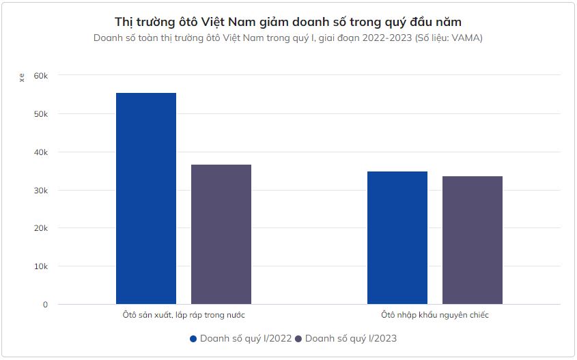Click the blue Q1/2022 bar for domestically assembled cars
point(146,198)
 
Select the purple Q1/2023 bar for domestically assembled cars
point(221,234)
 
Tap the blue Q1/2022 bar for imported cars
point(397,238)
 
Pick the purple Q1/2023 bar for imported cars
point(473,240)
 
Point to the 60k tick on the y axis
point(42,75)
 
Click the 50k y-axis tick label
point(42,113)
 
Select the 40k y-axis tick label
point(42,152)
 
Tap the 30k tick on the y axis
point(42,190)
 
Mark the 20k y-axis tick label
point(42,228)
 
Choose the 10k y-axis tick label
point(42,266)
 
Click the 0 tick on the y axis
point(45,305)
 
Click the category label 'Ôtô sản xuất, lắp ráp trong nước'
point(184,315)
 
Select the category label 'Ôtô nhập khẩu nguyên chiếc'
point(435,315)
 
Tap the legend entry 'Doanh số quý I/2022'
point(247,338)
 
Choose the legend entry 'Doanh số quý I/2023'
point(351,338)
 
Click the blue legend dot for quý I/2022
point(193,339)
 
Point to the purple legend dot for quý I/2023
point(298,339)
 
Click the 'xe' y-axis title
point(22,77)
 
